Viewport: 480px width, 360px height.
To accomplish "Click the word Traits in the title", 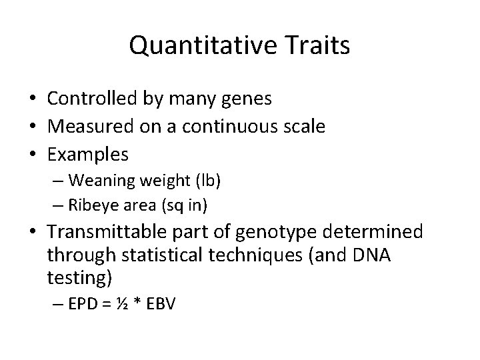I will (x=318, y=45).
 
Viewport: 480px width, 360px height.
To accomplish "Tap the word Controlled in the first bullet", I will (x=93, y=99).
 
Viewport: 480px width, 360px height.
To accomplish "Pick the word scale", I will (x=305, y=127).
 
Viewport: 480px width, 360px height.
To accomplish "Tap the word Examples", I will (x=88, y=155).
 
